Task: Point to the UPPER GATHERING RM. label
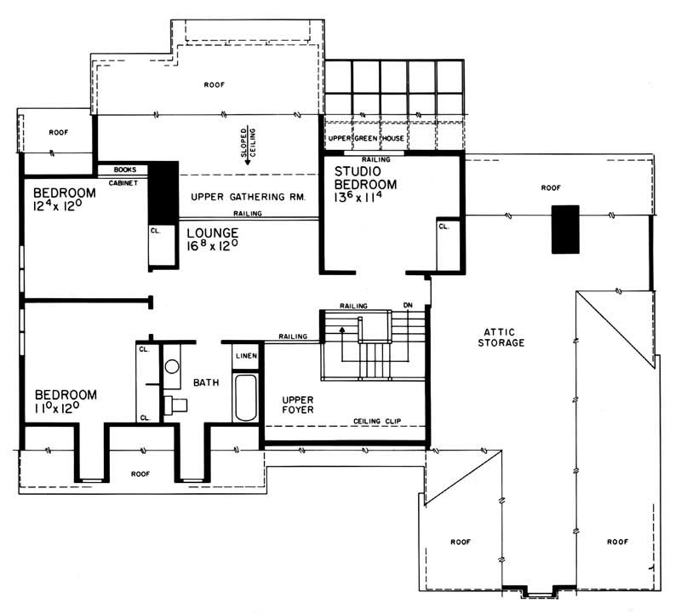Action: coord(248,197)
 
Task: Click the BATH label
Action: coord(206,383)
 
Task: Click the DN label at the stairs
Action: coord(409,306)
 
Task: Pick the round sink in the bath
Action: coord(172,367)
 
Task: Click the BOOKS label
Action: coord(124,170)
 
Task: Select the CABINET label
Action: coord(124,181)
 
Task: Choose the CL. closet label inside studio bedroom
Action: coord(444,227)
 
